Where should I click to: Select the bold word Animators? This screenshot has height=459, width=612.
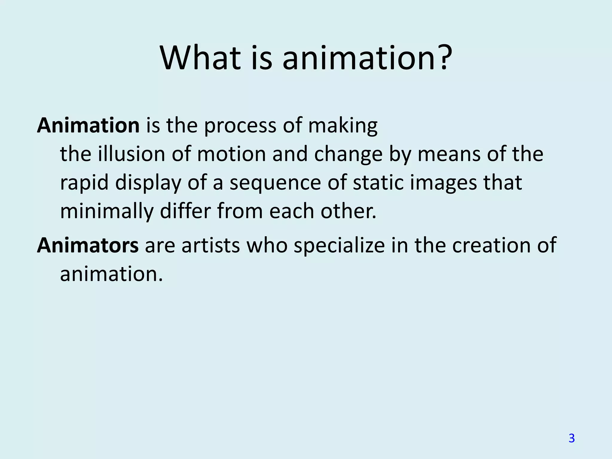(88, 245)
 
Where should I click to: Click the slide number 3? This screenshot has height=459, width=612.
(571, 438)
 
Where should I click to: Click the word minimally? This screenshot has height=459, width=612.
(107, 212)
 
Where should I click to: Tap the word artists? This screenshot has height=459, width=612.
(211, 245)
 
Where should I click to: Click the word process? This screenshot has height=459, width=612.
(240, 126)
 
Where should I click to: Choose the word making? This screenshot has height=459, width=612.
(343, 126)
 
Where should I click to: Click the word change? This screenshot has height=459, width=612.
(348, 154)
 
